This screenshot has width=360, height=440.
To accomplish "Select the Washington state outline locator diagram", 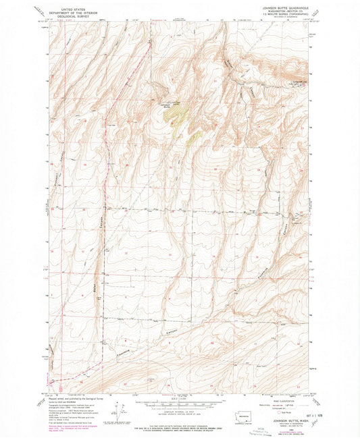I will click(x=242, y=413).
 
